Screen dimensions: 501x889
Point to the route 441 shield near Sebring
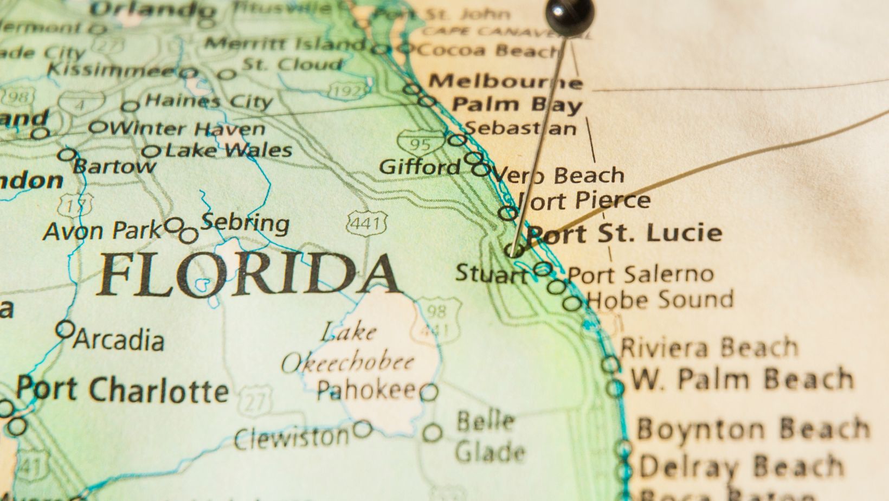click(367, 222)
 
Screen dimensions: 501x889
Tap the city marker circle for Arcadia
click(65, 329)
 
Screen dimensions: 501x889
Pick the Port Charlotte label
click(123, 389)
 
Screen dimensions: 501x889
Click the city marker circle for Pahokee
click(428, 392)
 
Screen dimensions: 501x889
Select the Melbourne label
click(505, 81)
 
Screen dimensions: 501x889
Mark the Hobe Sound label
click(660, 299)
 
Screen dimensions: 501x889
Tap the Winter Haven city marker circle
click(98, 128)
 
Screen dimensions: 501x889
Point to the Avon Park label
click(102, 231)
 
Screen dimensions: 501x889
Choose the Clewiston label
click(292, 438)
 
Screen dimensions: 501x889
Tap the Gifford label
click(420, 166)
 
